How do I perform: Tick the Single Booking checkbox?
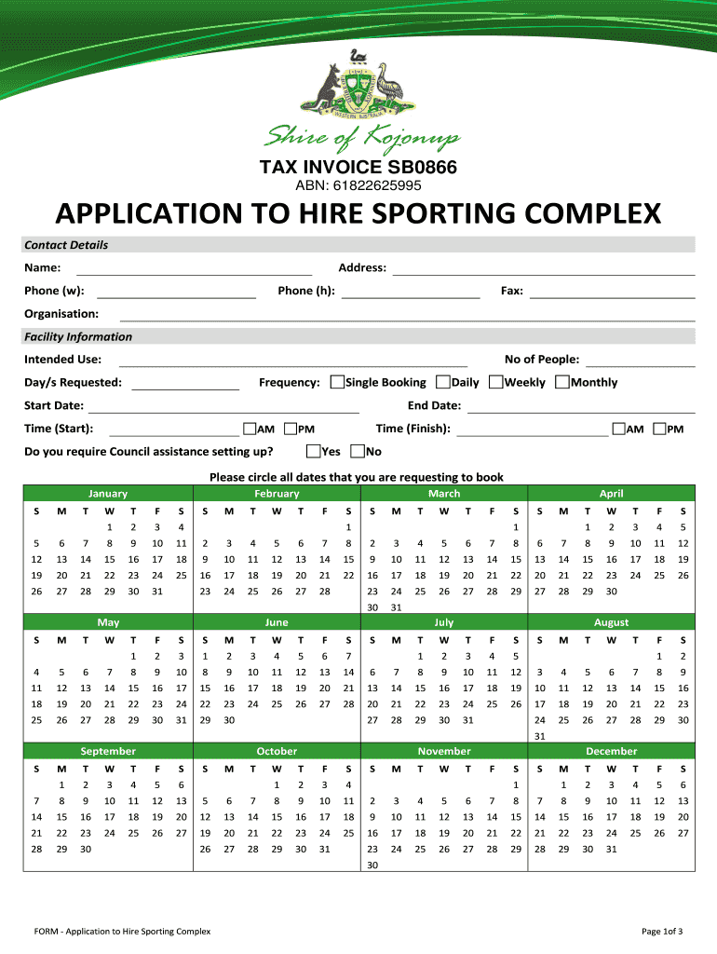337,382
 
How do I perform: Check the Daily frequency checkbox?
443,382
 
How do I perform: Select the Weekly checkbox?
496,382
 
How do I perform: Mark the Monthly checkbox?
562,382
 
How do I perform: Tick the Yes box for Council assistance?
313,452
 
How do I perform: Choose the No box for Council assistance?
358,452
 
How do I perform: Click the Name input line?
199,269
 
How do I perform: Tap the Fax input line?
612,293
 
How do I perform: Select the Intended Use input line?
292,361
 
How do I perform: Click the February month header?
277,494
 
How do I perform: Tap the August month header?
611,622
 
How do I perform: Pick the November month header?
444,751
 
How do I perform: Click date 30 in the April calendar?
611,592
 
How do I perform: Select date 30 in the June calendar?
228,720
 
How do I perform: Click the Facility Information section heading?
78,336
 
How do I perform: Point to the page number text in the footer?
662,932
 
